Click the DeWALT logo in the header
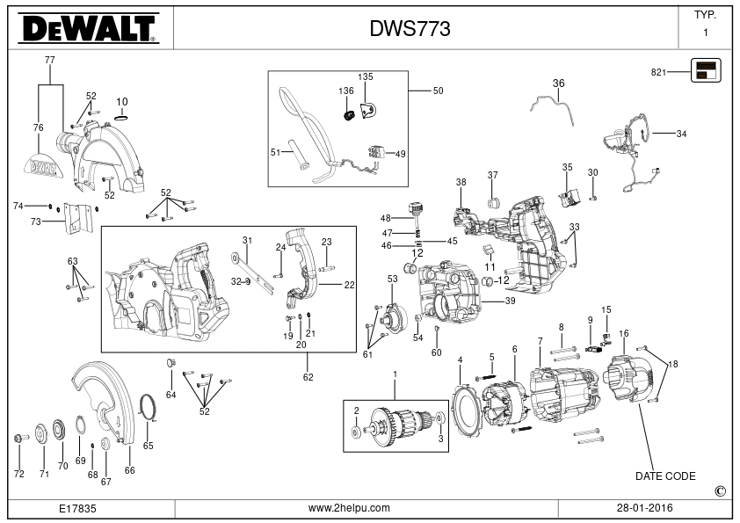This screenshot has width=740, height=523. tap(89, 28)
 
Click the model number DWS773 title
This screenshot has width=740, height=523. tap(410, 29)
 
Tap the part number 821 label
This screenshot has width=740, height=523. tap(658, 72)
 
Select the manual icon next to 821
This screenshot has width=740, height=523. tap(706, 70)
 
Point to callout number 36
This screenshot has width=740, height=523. tap(558, 84)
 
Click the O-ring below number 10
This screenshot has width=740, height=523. tap(122, 117)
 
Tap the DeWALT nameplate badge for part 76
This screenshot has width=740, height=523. tap(43, 165)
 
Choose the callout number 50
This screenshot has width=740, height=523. tap(438, 91)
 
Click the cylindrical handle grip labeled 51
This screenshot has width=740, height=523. tap(299, 157)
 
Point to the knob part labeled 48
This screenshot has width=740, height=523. tap(416, 208)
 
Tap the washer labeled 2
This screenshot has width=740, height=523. tap(356, 432)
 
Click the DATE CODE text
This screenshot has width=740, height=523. tap(665, 476)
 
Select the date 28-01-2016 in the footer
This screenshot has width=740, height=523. tap(645, 508)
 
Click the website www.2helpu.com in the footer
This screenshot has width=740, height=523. tap(349, 508)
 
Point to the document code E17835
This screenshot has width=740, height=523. tap(77, 508)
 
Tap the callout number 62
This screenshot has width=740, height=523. tap(308, 377)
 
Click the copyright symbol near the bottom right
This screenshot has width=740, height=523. tap(720, 491)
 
